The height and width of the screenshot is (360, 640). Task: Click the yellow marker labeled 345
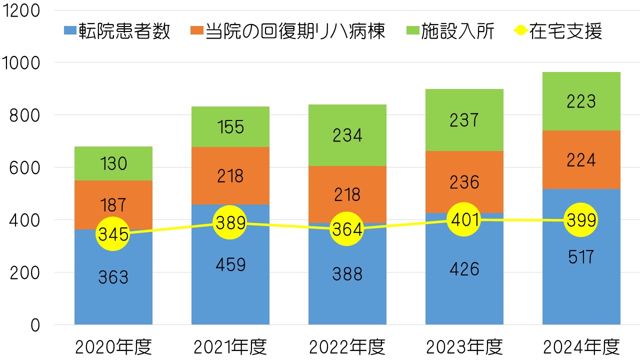coord(113,234)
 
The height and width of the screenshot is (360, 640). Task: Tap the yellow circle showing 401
coord(464,219)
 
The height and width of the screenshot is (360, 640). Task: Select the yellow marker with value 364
coord(347,229)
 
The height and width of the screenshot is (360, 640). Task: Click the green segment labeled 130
coord(113,163)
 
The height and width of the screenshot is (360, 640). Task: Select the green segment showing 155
coord(230,127)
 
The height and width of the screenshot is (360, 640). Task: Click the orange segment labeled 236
coord(464,182)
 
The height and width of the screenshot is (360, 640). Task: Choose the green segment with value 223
coord(581,101)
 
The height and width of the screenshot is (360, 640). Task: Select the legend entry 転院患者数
coord(118,31)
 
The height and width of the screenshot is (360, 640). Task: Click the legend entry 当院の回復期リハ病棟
coord(288,31)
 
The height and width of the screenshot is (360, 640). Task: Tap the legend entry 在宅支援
coord(558,31)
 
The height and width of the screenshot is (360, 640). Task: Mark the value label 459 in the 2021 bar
coord(230,264)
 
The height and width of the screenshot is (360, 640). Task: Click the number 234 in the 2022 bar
coord(347,135)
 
